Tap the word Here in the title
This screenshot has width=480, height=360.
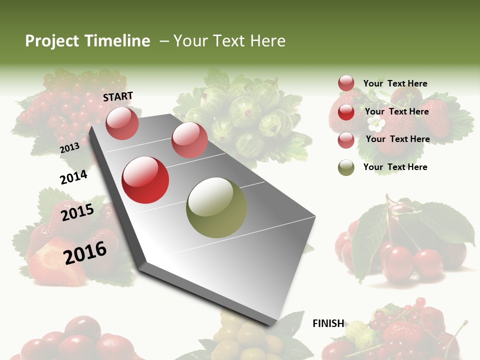coord(267,41)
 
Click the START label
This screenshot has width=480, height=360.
coord(118,96)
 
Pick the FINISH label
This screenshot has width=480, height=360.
coord(328,323)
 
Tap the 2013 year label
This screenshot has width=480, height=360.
coord(69,148)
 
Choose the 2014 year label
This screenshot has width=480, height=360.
coord(73,177)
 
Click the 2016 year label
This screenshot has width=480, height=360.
coord(85,252)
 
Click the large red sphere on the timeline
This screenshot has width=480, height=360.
coord(145,180)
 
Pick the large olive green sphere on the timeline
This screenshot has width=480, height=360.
coord(216,207)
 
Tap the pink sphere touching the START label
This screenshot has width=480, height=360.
coord(122,123)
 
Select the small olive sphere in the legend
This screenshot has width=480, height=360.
coord(346,167)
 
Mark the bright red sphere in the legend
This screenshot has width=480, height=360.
coord(346,112)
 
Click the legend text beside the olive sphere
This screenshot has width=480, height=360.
coord(395,167)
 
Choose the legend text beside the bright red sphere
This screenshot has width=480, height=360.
coord(396,111)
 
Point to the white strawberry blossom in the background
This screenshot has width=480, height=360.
coord(376,124)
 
